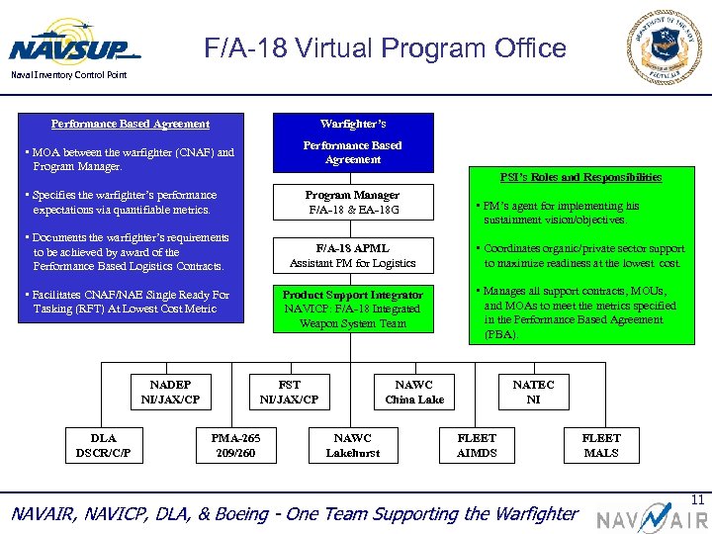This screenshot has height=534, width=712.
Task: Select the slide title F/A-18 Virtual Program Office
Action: [x=385, y=48]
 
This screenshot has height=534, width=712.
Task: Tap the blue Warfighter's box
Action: [x=353, y=142]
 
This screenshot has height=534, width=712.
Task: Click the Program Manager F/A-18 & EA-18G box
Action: [x=352, y=203]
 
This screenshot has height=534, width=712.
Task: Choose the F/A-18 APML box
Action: [x=352, y=256]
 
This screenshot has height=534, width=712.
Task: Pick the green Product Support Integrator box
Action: [x=352, y=309]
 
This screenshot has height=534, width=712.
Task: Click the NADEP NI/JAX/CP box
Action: [x=170, y=392]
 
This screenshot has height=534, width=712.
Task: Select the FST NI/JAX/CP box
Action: [x=289, y=392]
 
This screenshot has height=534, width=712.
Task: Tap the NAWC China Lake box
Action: [x=414, y=392]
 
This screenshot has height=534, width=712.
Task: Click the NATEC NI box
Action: [x=533, y=392]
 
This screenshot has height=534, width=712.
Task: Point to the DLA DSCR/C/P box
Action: [x=103, y=445]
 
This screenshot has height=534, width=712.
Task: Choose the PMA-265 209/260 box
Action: [x=234, y=445]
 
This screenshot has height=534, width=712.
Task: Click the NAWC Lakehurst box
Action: [x=352, y=445]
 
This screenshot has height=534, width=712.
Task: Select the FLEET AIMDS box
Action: [x=477, y=445]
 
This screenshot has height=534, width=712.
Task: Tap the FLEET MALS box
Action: [x=601, y=445]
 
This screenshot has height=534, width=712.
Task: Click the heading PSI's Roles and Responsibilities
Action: [x=580, y=177]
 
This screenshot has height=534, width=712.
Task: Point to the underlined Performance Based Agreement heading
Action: [x=131, y=124]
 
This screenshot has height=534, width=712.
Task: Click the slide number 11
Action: [x=697, y=500]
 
